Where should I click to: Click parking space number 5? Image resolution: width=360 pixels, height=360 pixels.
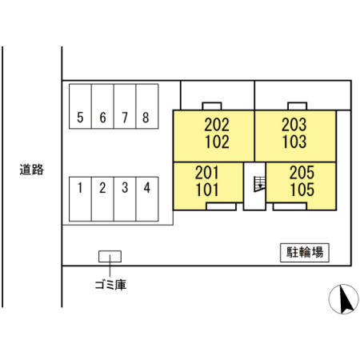[x=80, y=106]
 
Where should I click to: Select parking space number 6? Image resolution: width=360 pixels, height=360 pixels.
[x=102, y=106]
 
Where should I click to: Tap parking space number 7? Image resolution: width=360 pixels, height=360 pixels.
[x=125, y=106]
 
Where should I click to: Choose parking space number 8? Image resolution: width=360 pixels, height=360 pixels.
[x=147, y=106]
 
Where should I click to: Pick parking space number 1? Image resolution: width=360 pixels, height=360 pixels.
[x=80, y=199]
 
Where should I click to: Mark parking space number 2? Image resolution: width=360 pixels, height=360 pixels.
[x=102, y=199]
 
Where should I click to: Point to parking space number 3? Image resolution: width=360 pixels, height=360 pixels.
[x=125, y=199]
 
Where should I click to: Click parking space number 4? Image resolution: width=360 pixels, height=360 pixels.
[x=147, y=199]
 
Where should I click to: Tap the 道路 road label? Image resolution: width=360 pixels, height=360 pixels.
[x=31, y=170]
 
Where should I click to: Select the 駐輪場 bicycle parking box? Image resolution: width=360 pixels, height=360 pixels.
[x=305, y=253]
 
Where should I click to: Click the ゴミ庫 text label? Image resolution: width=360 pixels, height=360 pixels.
[x=110, y=285]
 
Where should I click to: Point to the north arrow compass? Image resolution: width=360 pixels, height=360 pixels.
[x=343, y=299]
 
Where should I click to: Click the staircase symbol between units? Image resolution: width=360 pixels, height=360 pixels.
[x=259, y=184]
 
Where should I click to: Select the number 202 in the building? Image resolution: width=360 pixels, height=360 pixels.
[x=217, y=125]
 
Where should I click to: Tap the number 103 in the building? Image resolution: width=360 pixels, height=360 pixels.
[x=294, y=142]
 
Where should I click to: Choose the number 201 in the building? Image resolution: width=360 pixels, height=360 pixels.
[x=207, y=173]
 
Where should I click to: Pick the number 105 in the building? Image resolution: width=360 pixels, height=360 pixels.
[x=302, y=190]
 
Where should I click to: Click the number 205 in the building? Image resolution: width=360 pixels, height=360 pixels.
[x=302, y=173]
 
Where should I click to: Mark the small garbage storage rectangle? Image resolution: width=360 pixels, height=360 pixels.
[x=110, y=256]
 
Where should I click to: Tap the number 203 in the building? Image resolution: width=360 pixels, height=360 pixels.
[x=294, y=125]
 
